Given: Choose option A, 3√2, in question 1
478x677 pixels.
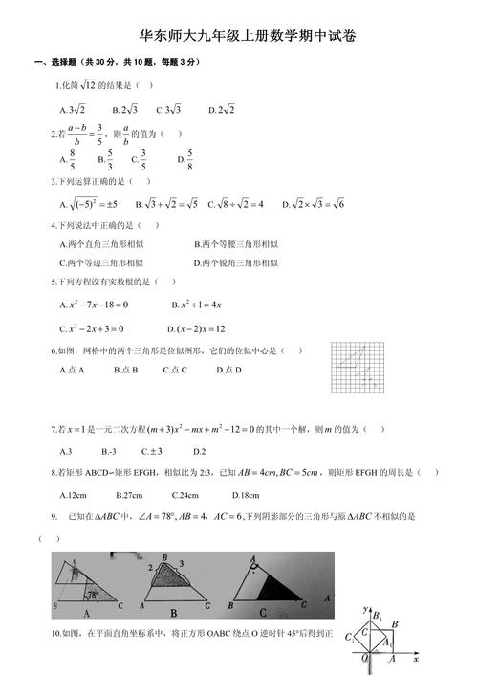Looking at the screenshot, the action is pyautogui.click(x=72, y=109).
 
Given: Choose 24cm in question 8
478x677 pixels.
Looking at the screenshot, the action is pyautogui.click(x=185, y=495).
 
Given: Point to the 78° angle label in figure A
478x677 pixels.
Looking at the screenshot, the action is pyautogui.click(x=92, y=594).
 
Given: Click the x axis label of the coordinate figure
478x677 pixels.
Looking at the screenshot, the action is pyautogui.click(x=416, y=660).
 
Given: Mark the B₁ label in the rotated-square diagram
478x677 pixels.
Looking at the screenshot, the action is pyautogui.click(x=380, y=616).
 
